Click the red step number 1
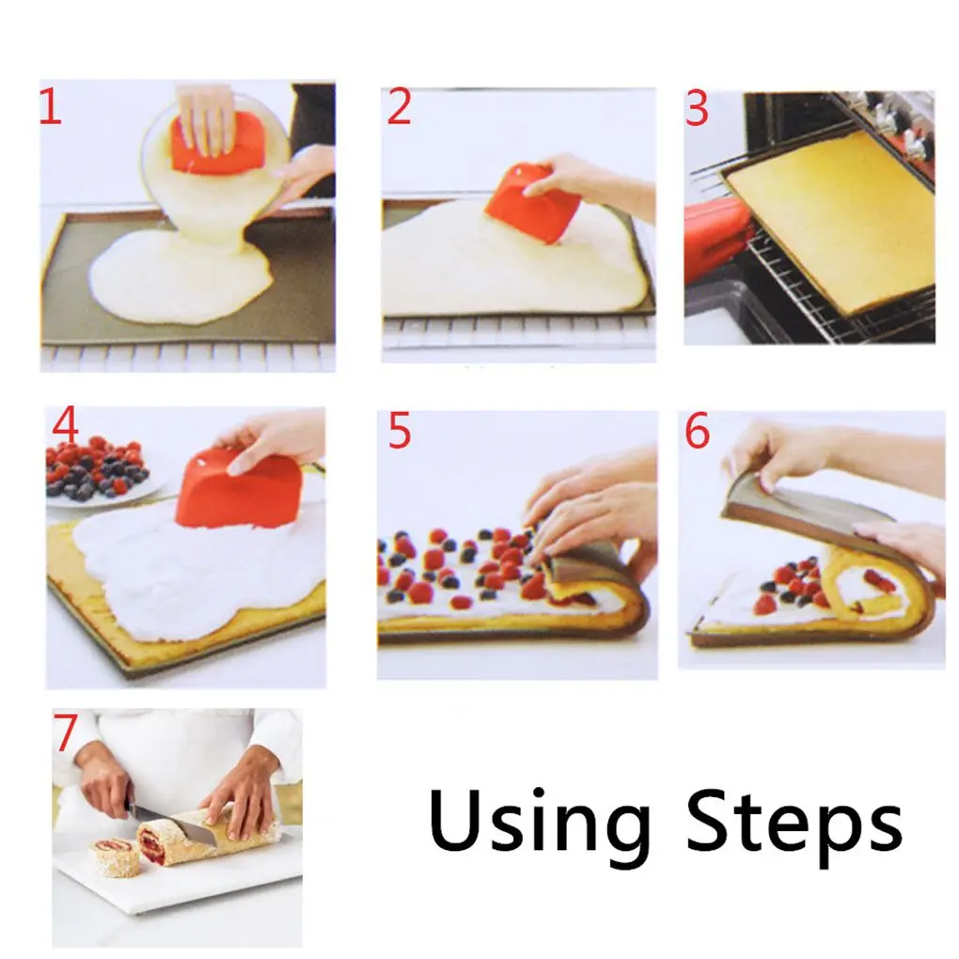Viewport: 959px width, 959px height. (x=50, y=108)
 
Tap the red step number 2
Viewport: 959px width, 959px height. (x=400, y=109)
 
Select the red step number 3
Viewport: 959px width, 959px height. (x=697, y=110)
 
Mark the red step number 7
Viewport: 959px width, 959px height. (x=66, y=734)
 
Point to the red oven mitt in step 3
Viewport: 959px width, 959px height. (x=716, y=239)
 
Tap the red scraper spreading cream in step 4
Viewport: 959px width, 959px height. (x=240, y=489)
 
